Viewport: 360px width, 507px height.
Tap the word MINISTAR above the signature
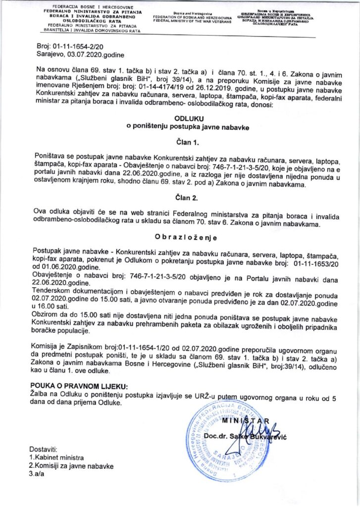click(x=246, y=421)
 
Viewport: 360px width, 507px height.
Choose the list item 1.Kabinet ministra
click(x=56, y=457)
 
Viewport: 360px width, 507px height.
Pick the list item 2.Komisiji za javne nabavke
click(x=71, y=466)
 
